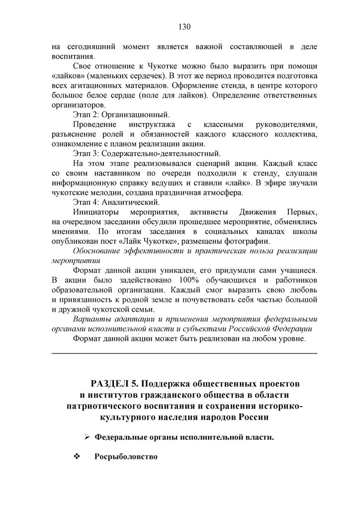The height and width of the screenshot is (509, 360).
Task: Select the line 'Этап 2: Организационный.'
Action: click(x=121, y=115)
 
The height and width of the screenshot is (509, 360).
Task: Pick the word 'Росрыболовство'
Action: click(x=126, y=456)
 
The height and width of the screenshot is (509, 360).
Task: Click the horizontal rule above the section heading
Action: click(x=184, y=353)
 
